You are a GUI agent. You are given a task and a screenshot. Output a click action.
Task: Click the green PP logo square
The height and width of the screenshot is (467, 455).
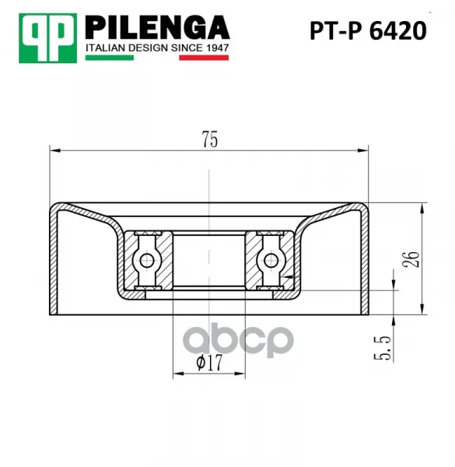tap(47, 38)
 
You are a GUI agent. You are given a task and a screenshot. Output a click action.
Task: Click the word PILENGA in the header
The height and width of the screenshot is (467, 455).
tap(157, 28)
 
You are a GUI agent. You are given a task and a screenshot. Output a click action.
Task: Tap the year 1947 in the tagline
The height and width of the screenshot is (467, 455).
tap(216, 48)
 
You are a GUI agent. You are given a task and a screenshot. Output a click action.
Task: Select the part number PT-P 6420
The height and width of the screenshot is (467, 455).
tap(368, 30)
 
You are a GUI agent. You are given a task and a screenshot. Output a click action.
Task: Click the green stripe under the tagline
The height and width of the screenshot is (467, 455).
tap(110, 58)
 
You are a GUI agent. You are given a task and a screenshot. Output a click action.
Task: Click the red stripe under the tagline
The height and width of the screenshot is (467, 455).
tap(204, 58)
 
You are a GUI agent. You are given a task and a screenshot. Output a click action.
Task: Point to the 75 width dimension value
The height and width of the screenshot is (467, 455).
tap(210, 139)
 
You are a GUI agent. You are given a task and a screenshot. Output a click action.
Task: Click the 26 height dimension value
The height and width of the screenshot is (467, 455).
tap(411, 259)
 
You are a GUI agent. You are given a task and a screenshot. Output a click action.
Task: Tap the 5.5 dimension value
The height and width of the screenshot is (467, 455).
tap(382, 348)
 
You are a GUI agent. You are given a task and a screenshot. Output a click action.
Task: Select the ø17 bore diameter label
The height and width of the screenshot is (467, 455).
tap(209, 363)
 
